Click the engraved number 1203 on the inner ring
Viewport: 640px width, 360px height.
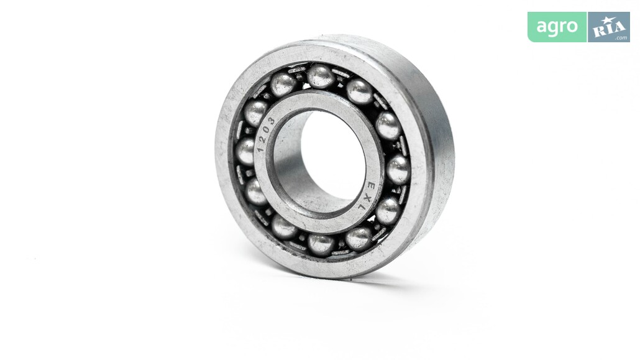tap(265, 134)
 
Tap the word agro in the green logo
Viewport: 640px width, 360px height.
tap(557, 27)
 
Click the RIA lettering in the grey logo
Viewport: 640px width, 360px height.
tap(609, 28)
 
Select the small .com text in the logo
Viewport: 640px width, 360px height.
tap(621, 38)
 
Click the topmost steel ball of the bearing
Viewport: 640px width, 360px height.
tap(321, 76)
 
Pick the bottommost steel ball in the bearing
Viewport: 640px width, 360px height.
tap(321, 244)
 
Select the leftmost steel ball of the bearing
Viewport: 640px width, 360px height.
tap(245, 151)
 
